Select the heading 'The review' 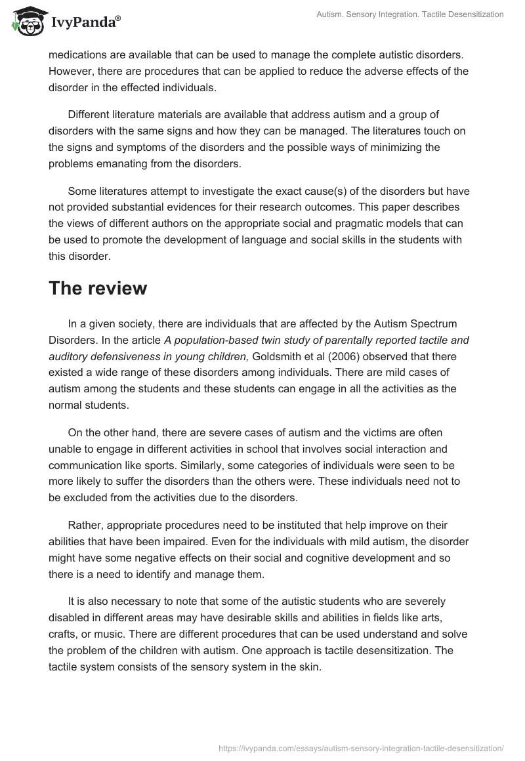tap(98, 289)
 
